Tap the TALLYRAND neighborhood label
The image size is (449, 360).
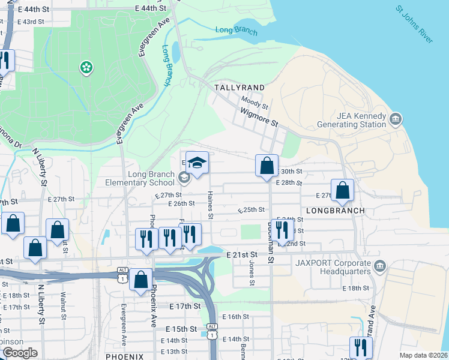pyautogui.click(x=240, y=88)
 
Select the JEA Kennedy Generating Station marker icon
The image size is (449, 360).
pyautogui.click(x=396, y=118)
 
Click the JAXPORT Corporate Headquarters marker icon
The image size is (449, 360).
pyautogui.click(x=379, y=265)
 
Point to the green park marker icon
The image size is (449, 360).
pyautogui.click(x=86, y=67)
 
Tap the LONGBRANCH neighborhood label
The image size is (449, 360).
pyautogui.click(x=336, y=211)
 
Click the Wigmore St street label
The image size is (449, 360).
pyautogui.click(x=259, y=116)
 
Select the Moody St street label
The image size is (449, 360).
pyautogui.click(x=254, y=103)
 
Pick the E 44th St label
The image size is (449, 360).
pyautogui.click(x=150, y=8)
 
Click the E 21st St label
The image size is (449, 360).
pyautogui.click(x=242, y=255)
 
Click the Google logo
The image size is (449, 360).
pyautogui.click(x=19, y=353)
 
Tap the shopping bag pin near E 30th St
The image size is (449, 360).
pyautogui.click(x=267, y=166)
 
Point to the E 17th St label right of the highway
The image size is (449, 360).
pyautogui.click(x=184, y=306)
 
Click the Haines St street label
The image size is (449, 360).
pyautogui.click(x=211, y=205)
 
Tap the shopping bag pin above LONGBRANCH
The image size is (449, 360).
pyautogui.click(x=342, y=191)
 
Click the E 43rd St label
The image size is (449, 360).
pyautogui.click(x=31, y=22)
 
